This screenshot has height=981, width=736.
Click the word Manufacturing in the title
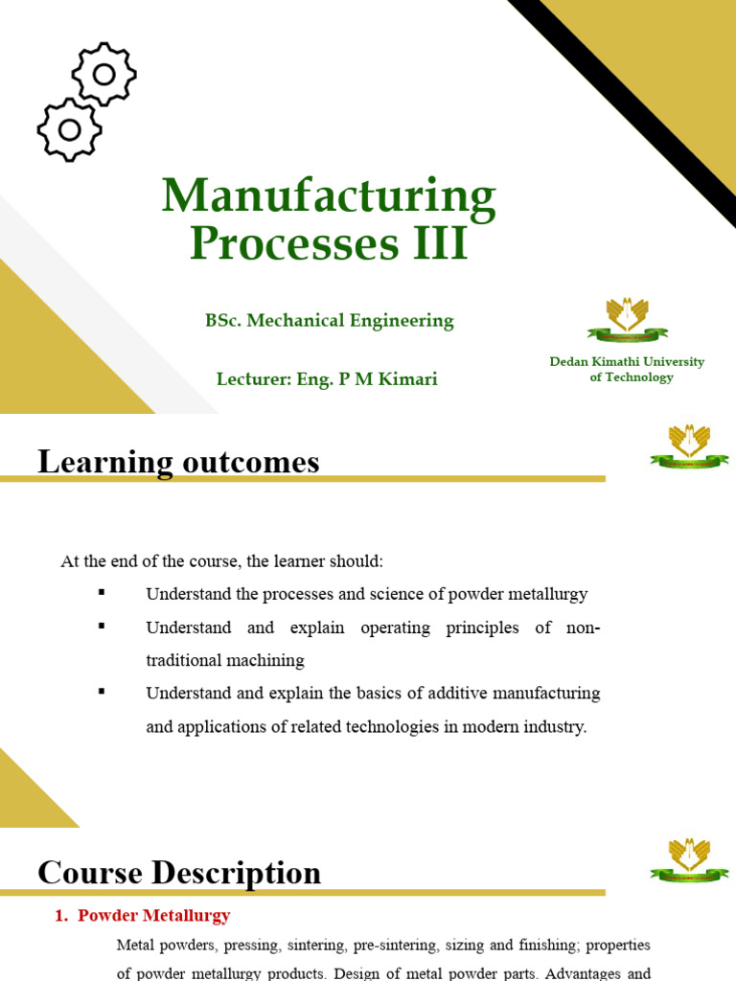click(x=329, y=197)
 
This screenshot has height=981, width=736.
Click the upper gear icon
click(x=104, y=74)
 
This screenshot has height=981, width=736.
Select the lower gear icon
click(x=69, y=128)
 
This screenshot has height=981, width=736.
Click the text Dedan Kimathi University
click(x=627, y=362)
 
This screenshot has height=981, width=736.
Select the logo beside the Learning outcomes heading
click(x=689, y=446)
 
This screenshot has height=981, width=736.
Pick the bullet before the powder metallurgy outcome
click(x=101, y=593)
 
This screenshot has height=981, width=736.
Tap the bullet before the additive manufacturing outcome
click(x=101, y=691)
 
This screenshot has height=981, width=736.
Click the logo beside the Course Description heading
click(x=689, y=858)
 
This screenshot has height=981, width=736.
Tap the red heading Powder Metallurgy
click(x=153, y=916)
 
